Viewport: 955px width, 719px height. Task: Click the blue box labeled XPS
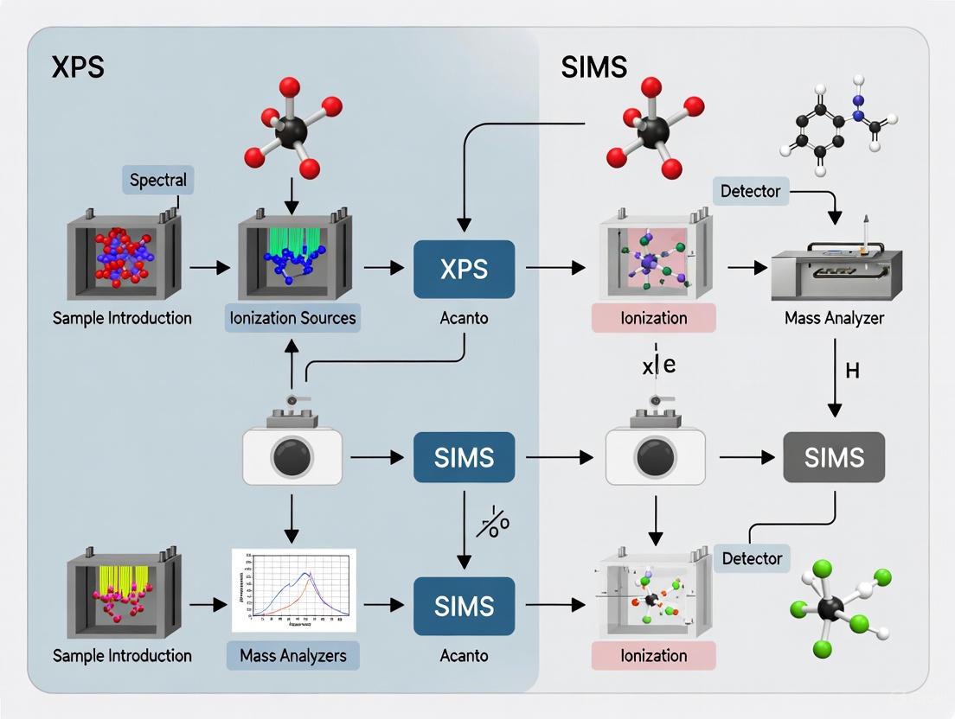pyautogui.click(x=465, y=269)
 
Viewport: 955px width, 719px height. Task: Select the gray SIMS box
pyautogui.click(x=833, y=457)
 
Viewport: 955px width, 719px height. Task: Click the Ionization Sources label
pyautogui.click(x=292, y=318)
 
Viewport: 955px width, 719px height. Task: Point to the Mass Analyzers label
pyautogui.click(x=293, y=655)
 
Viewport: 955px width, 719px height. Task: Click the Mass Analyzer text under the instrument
pyautogui.click(x=834, y=318)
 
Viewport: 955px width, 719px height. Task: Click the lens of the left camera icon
pyautogui.click(x=292, y=458)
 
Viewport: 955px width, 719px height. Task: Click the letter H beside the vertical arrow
pyautogui.click(x=852, y=372)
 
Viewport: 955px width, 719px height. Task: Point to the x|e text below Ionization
pyautogui.click(x=658, y=365)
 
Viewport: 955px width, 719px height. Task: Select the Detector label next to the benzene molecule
pyautogui.click(x=750, y=191)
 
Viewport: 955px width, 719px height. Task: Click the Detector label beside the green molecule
pyautogui.click(x=752, y=558)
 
